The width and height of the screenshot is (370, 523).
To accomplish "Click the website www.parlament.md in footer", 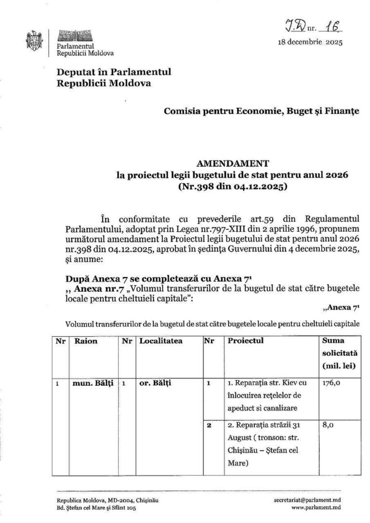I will pyautogui.click(x=317, y=507).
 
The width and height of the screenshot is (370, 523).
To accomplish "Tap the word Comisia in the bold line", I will pyautogui.click(x=181, y=111).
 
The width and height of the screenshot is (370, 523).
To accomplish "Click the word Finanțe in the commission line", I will pyautogui.click(x=344, y=111).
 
